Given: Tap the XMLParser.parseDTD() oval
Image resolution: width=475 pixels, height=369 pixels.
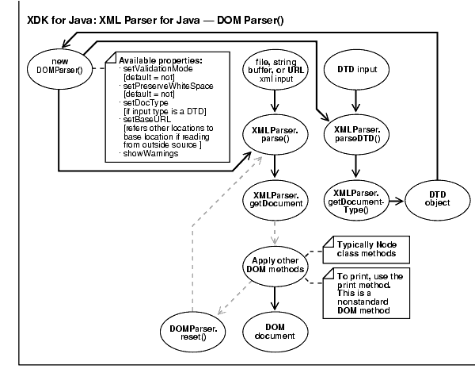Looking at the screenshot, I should [x=355, y=136].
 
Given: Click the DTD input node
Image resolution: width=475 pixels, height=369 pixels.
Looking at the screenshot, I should [x=355, y=70].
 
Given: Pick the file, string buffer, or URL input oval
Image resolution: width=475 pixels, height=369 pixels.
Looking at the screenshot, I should [x=275, y=70].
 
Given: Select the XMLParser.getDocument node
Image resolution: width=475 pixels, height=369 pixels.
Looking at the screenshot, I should [x=275, y=198].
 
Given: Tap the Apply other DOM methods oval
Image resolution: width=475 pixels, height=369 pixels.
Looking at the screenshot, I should [x=275, y=266].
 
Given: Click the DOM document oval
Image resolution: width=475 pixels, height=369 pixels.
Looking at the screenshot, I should [x=275, y=329].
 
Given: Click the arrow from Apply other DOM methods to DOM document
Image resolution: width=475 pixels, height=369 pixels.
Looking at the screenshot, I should [x=275, y=295].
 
